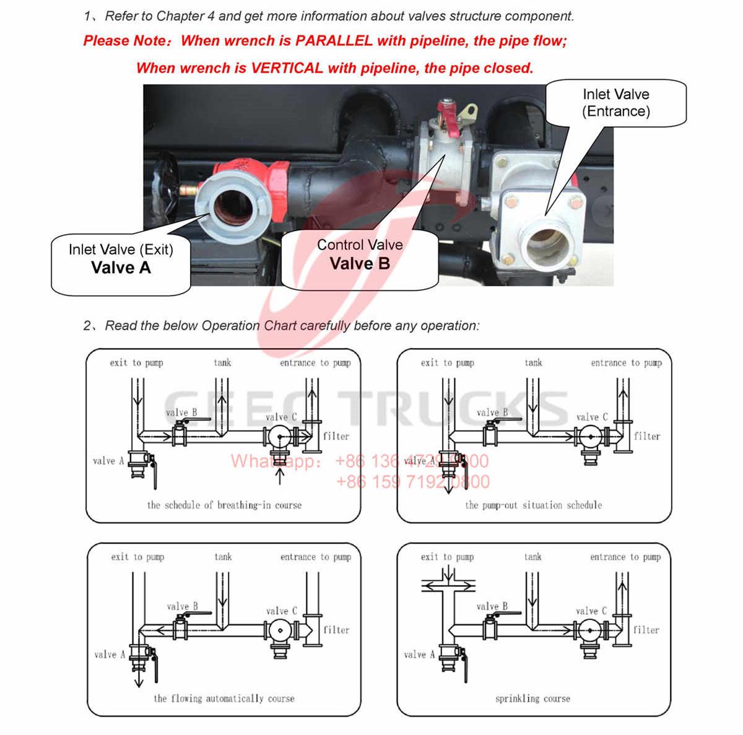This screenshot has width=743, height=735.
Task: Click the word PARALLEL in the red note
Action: [334, 41]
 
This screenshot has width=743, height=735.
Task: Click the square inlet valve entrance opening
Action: [545, 245]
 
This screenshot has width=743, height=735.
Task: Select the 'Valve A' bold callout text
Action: [121, 267]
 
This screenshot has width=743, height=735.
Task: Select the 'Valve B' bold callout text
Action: [360, 264]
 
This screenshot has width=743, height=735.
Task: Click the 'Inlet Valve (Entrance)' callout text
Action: [615, 103]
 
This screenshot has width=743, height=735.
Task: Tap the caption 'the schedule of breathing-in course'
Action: [224, 505]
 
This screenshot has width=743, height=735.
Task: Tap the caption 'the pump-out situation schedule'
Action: [533, 505]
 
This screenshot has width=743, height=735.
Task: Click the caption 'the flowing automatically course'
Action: [224, 698]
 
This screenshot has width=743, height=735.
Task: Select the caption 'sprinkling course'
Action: [532, 698]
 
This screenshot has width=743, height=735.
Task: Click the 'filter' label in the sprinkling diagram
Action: [646, 630]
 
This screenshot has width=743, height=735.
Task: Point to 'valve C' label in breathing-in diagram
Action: [281, 417]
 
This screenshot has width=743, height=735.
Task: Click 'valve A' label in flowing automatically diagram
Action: [110, 655]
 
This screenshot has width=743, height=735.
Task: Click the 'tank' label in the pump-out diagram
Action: [533, 363]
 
